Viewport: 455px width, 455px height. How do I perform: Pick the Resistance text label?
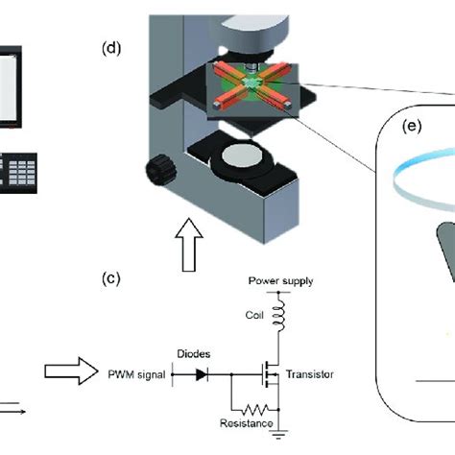pyautogui.click(x=244, y=423)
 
